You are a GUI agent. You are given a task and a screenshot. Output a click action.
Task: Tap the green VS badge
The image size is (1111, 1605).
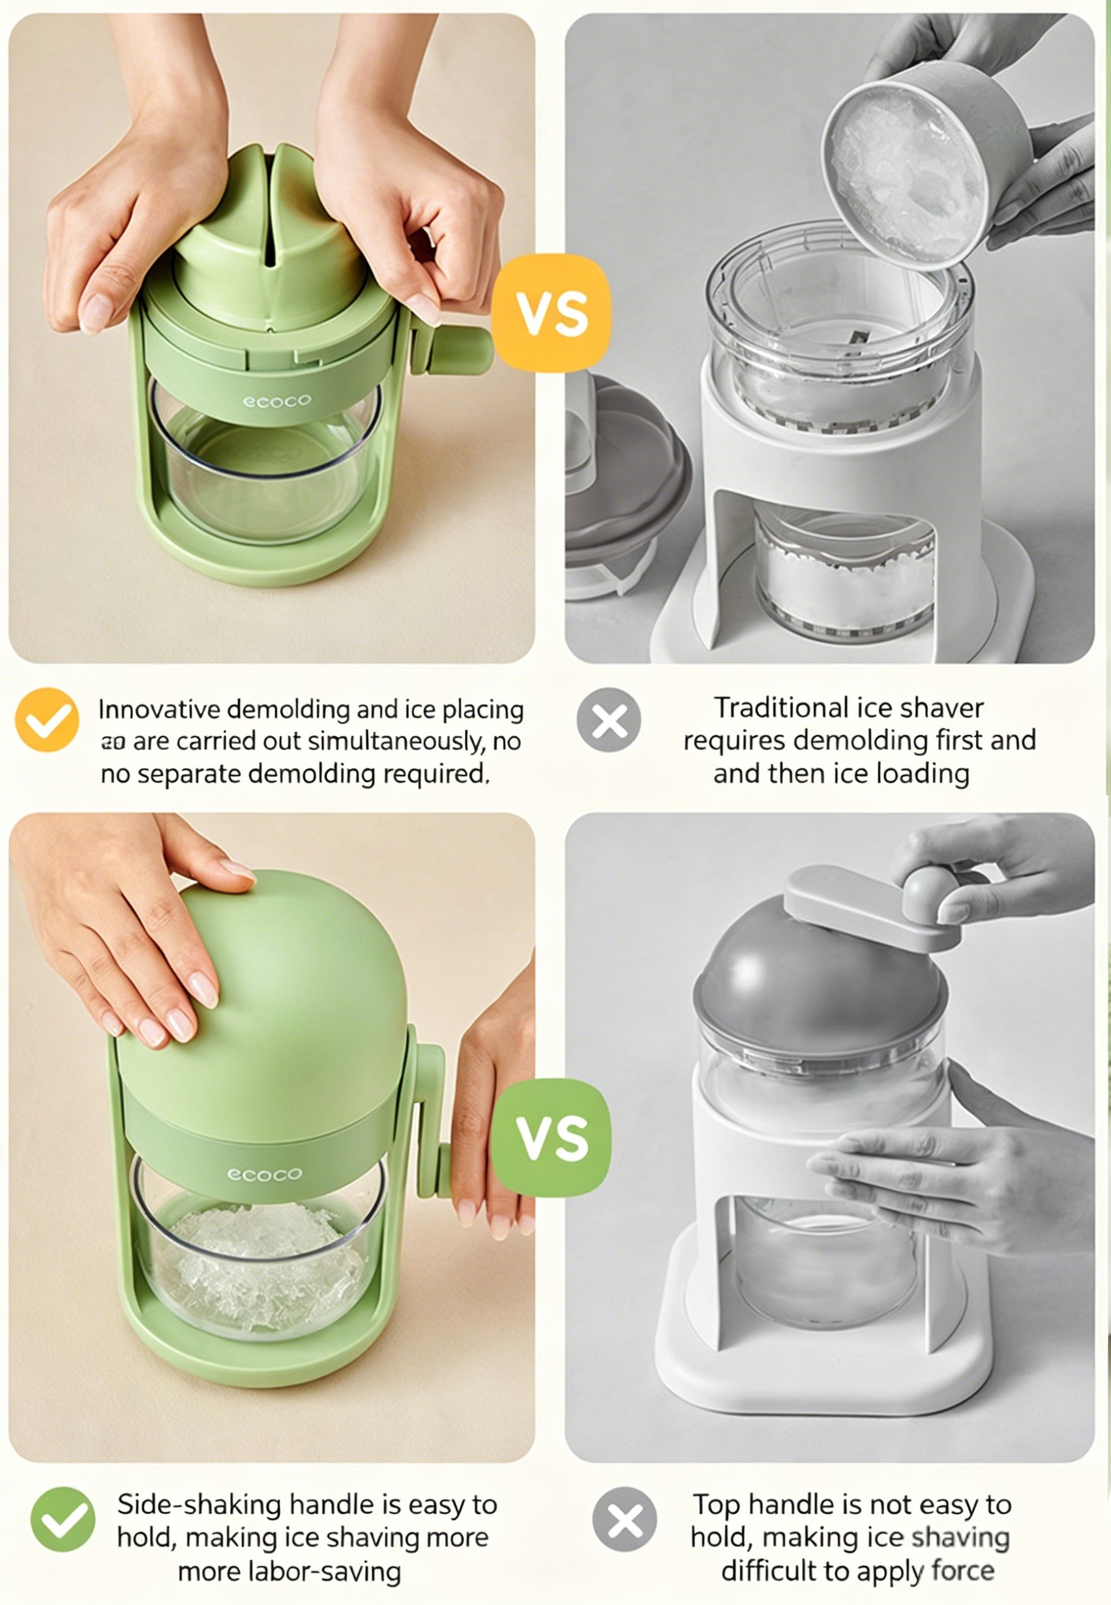(552, 1138)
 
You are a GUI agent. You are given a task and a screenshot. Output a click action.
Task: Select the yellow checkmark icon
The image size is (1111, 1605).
(47, 720)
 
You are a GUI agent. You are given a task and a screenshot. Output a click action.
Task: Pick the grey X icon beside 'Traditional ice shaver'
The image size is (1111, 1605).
(608, 720)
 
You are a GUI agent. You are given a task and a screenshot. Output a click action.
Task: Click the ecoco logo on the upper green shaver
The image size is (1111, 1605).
(276, 401)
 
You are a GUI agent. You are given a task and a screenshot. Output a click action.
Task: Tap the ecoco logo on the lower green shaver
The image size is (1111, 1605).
(265, 1174)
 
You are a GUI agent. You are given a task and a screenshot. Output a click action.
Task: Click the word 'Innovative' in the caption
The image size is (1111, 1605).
(159, 710)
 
